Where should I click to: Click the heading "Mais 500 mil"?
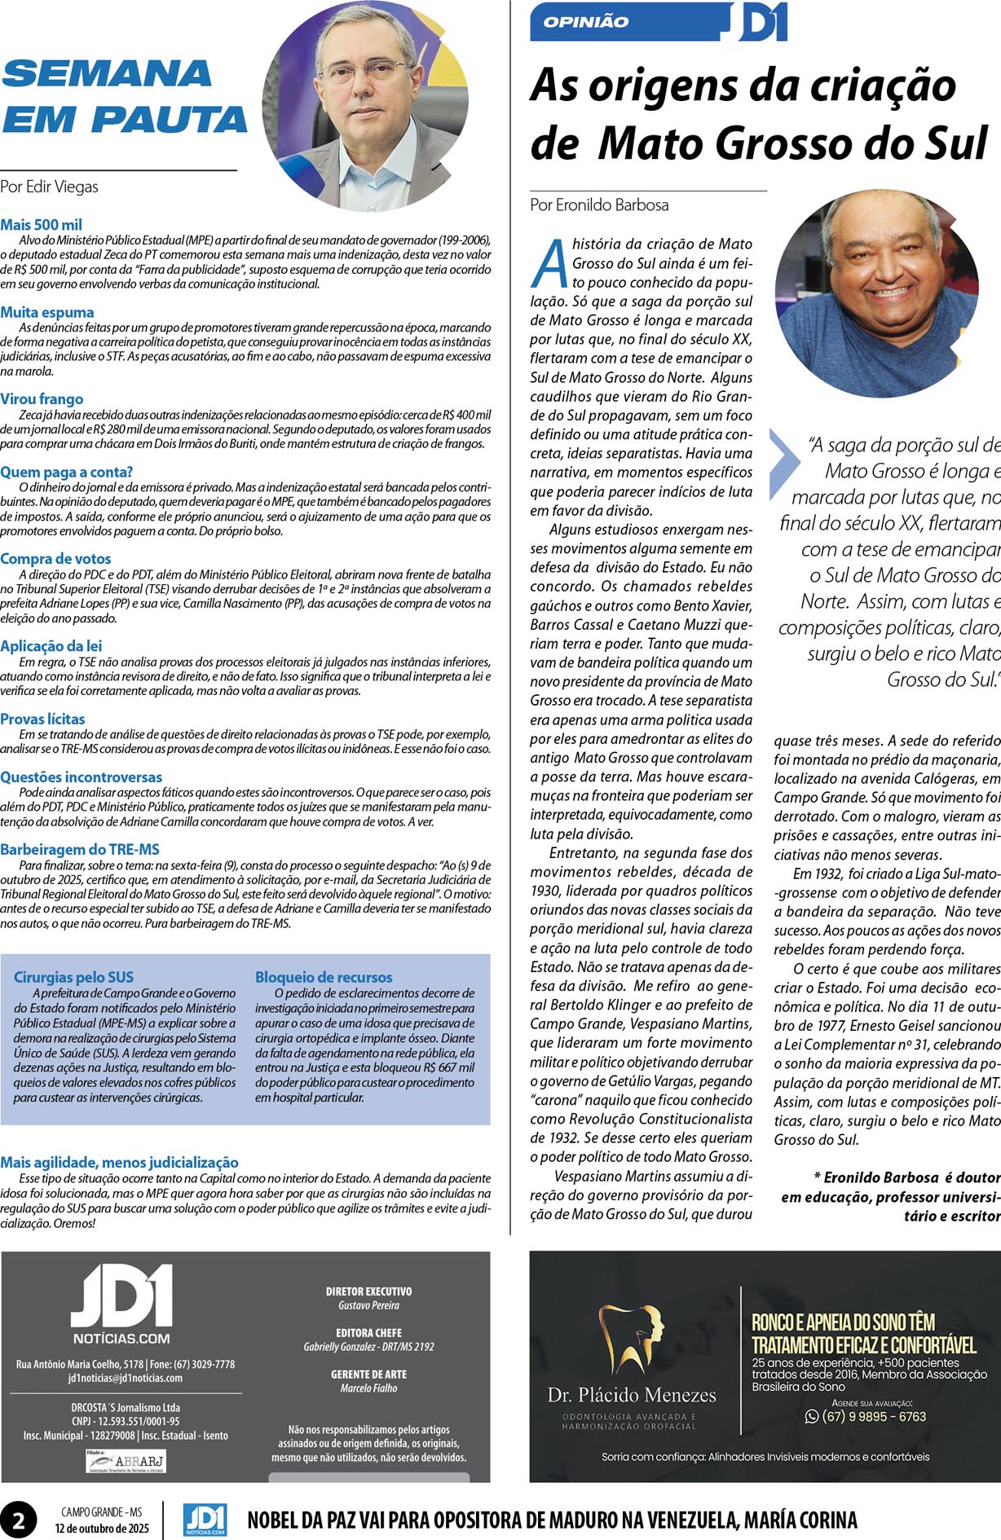pos(42,225)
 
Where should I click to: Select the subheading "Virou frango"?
pos(42,399)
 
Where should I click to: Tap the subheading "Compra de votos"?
pos(55,559)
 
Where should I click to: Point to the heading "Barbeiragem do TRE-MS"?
pos(80,849)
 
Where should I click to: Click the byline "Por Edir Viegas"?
pos(49,187)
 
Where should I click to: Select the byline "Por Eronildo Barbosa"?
pos(599,205)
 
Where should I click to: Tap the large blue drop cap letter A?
pos(550,262)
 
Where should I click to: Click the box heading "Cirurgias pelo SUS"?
pos(73,977)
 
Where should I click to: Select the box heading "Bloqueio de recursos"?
pos(324,977)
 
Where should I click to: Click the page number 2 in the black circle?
pos(18,1520)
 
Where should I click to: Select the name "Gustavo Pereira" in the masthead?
pos(368,1305)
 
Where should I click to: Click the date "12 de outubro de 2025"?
pos(102,1528)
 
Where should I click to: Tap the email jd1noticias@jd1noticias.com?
pos(125,1378)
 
